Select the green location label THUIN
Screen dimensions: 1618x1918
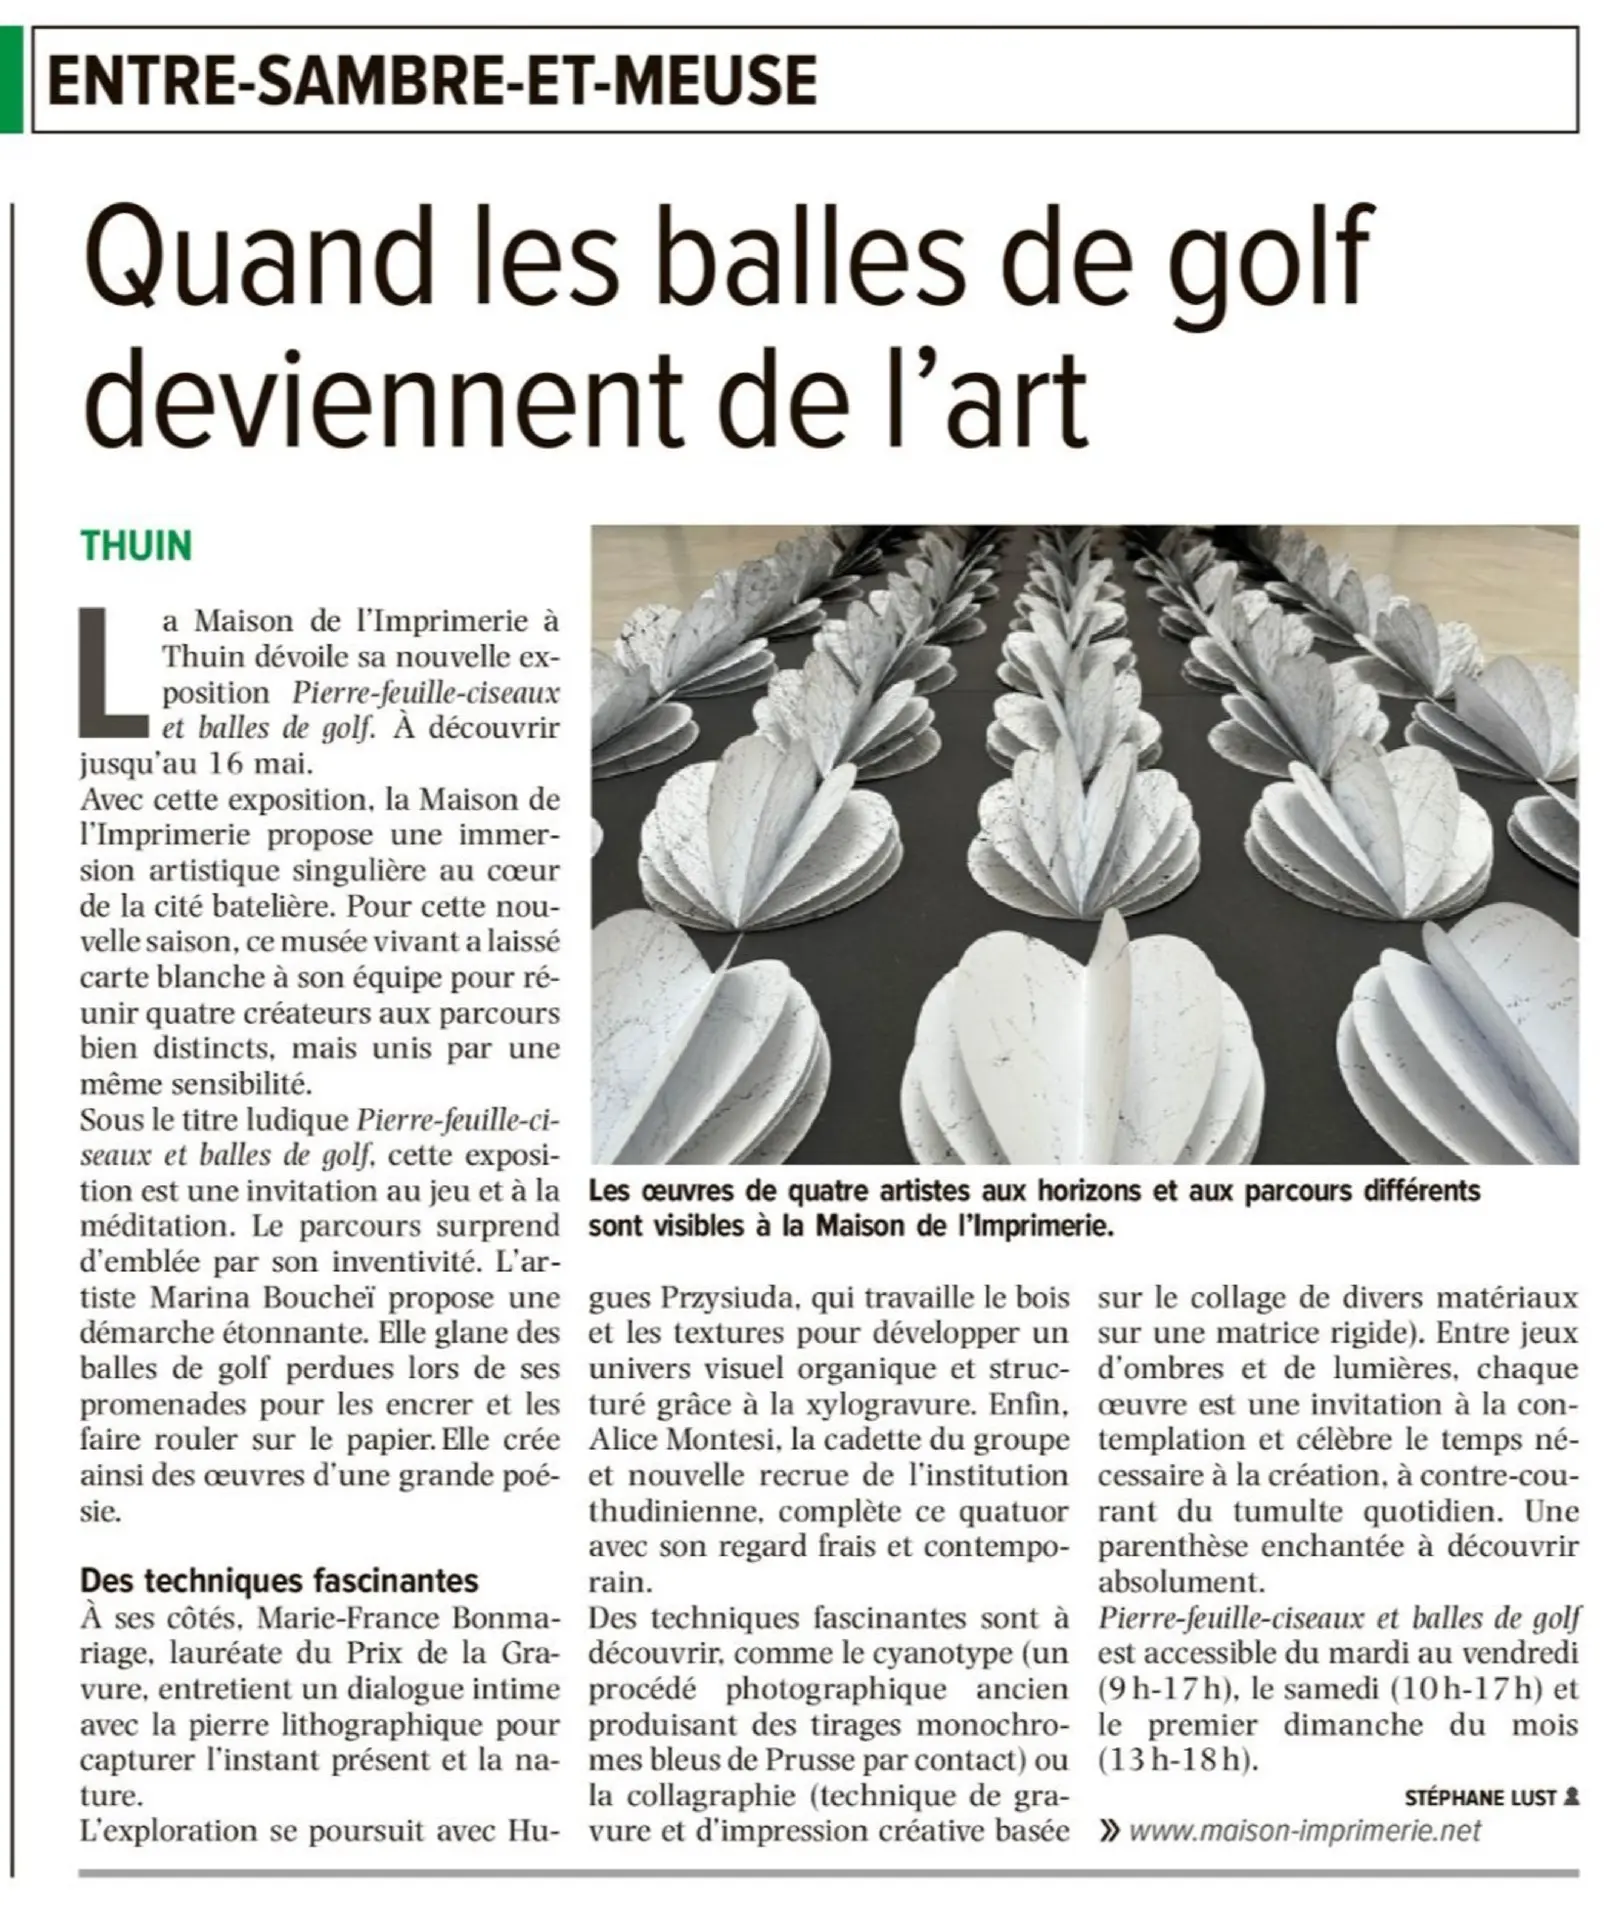136,547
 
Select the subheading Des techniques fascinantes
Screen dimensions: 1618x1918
279,1580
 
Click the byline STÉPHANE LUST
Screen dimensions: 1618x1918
1480,1798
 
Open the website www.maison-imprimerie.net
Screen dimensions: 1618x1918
1304,1830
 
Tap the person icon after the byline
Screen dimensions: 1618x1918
1571,1797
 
